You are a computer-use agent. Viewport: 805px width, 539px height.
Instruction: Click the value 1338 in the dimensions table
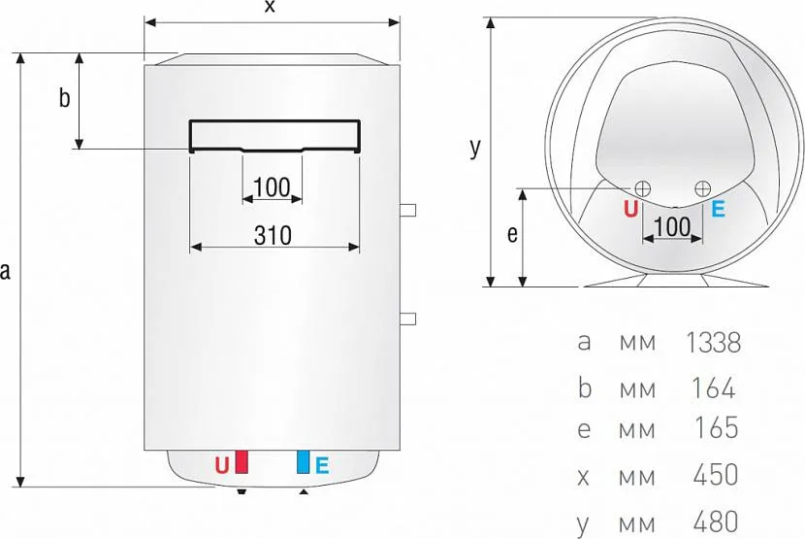pos(714,343)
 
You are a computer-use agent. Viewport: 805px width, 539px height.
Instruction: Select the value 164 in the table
pos(714,388)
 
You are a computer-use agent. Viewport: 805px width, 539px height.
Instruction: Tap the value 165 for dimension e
pos(716,428)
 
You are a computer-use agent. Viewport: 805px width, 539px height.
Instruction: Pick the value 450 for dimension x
pos(715,475)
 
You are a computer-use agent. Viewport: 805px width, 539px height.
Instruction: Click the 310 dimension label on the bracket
pos(273,236)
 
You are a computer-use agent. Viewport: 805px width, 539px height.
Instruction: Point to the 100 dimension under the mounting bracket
pos(272,187)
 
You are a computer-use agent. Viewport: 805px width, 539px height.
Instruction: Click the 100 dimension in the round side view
pos(672,227)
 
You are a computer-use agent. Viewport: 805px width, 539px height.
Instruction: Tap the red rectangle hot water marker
pos(241,462)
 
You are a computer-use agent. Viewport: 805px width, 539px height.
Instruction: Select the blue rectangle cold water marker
pos(304,462)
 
